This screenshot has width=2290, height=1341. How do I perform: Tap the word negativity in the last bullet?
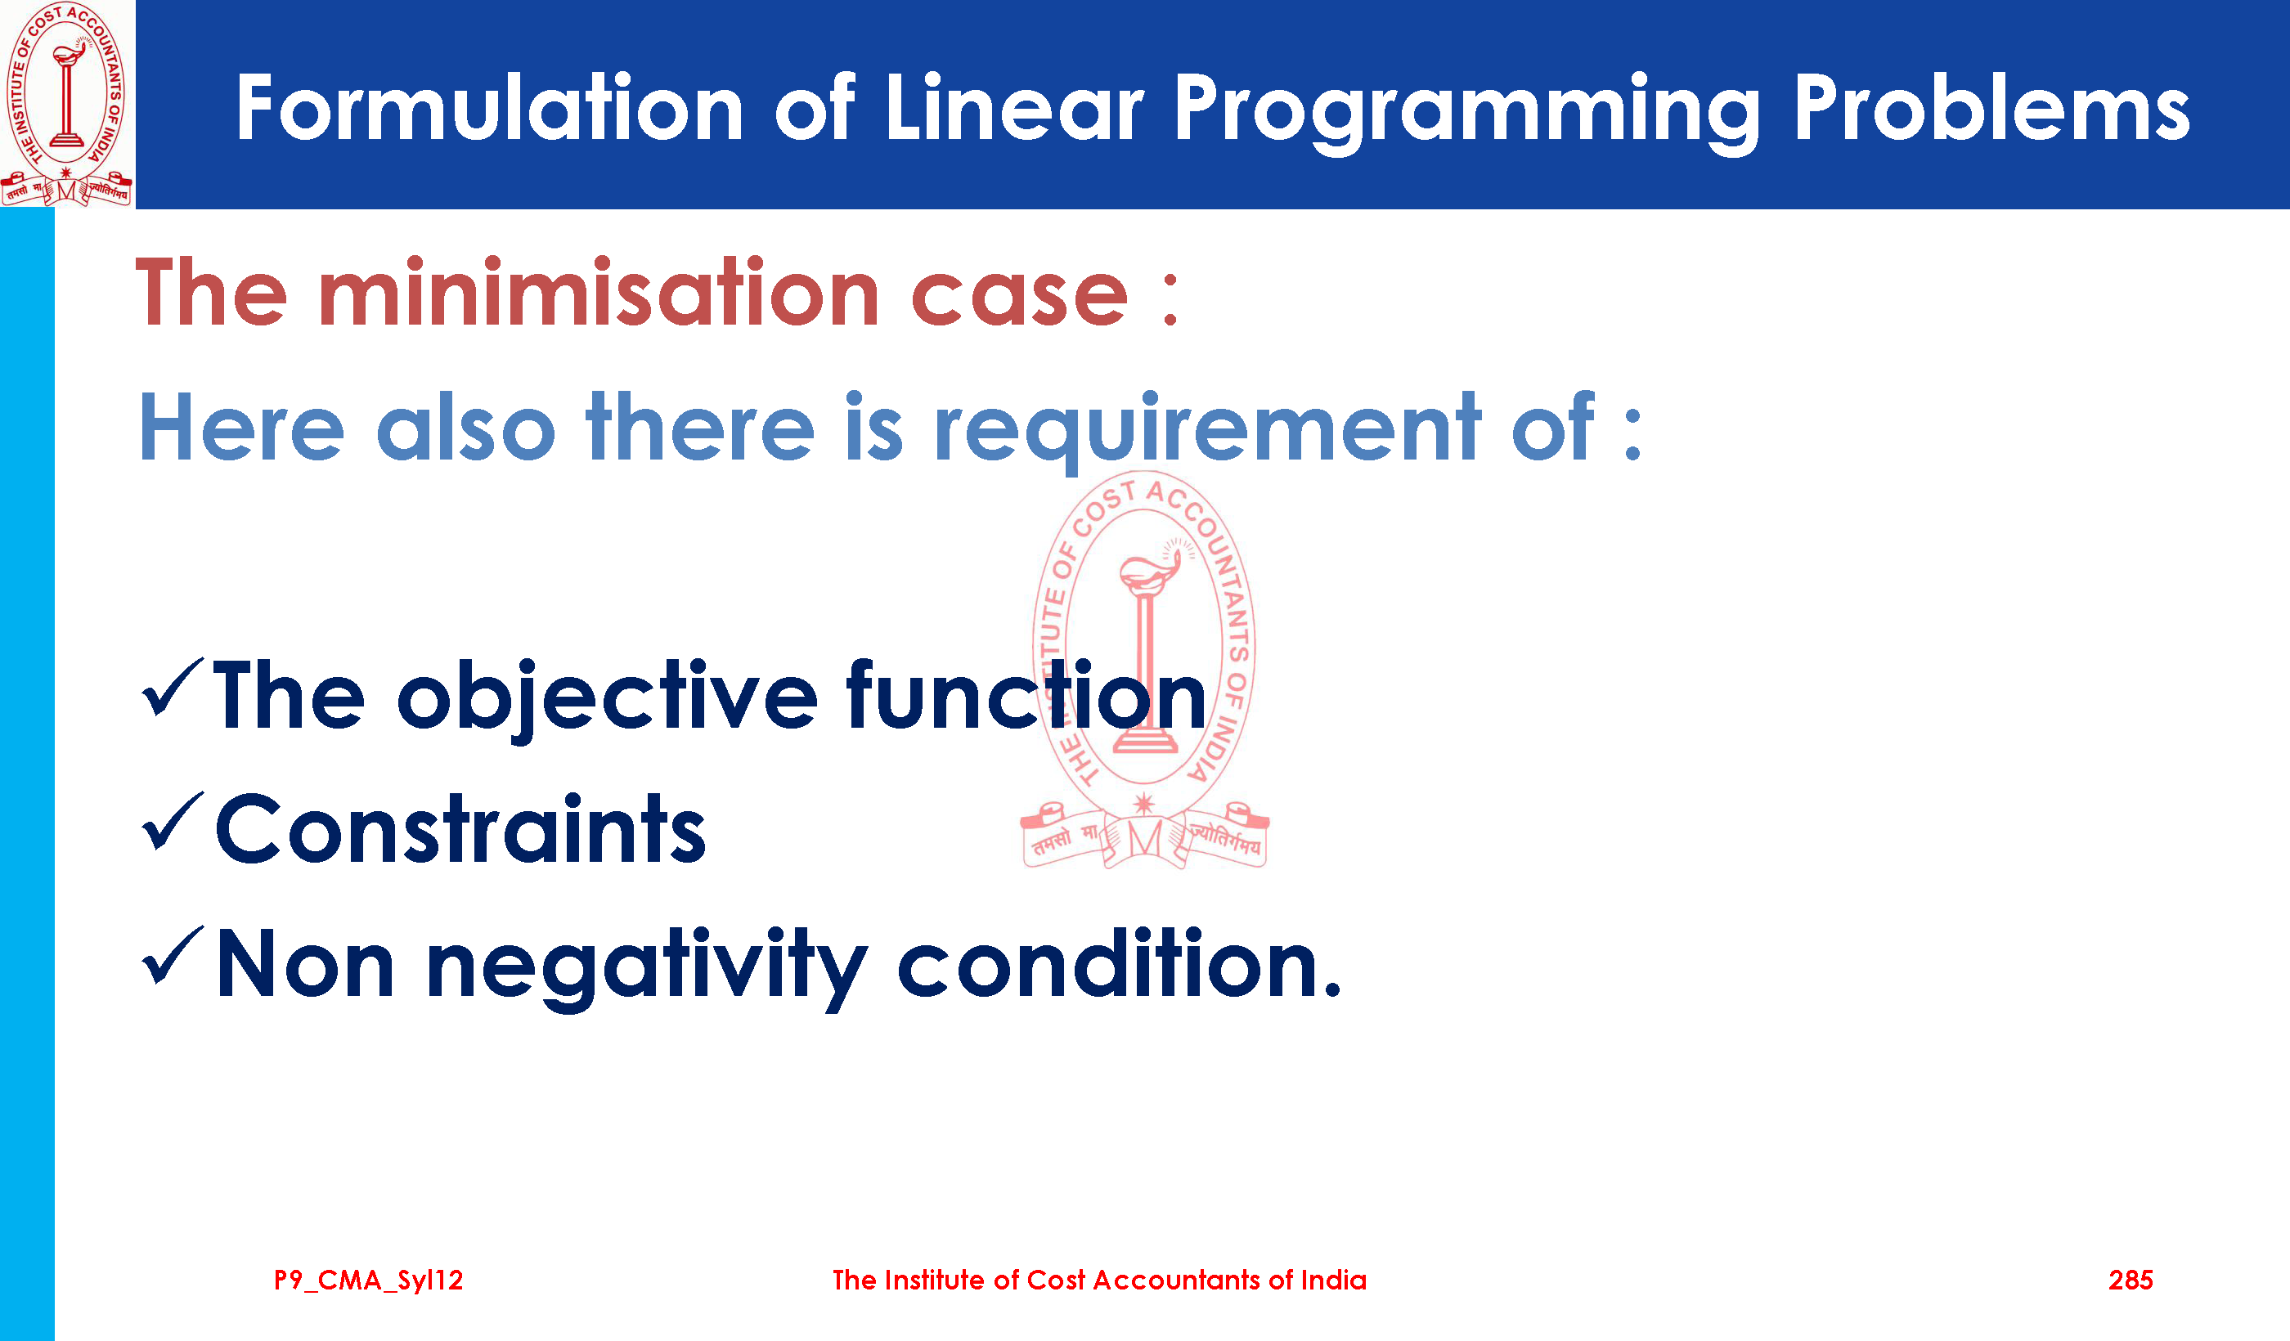pos(647,968)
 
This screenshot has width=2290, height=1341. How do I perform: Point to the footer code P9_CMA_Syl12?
pos(369,1280)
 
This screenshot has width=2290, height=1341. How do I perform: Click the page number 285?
pos(2130,1280)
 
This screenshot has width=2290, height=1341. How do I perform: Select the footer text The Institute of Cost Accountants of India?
pos(1099,1280)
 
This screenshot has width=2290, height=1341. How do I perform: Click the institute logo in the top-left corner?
pos(67,105)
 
